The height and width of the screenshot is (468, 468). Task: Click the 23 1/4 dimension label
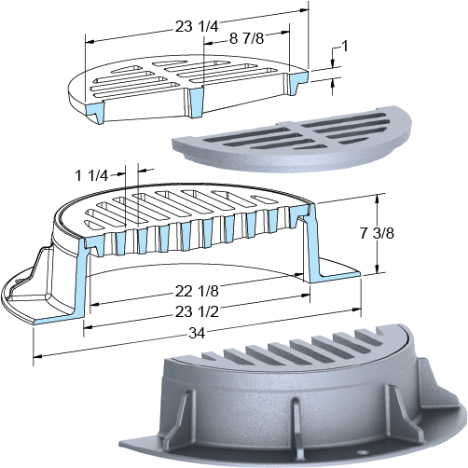coord(197,26)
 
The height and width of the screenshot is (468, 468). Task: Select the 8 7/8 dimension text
coord(247,38)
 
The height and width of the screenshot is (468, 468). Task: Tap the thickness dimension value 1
coord(344,47)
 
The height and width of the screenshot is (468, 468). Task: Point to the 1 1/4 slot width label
coord(91,176)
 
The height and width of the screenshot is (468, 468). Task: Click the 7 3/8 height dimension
coord(377,233)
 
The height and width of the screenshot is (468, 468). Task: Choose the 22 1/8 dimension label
coord(197,291)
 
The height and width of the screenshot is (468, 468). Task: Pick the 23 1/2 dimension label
coord(197,311)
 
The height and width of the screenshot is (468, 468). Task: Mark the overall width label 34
coord(197,334)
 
